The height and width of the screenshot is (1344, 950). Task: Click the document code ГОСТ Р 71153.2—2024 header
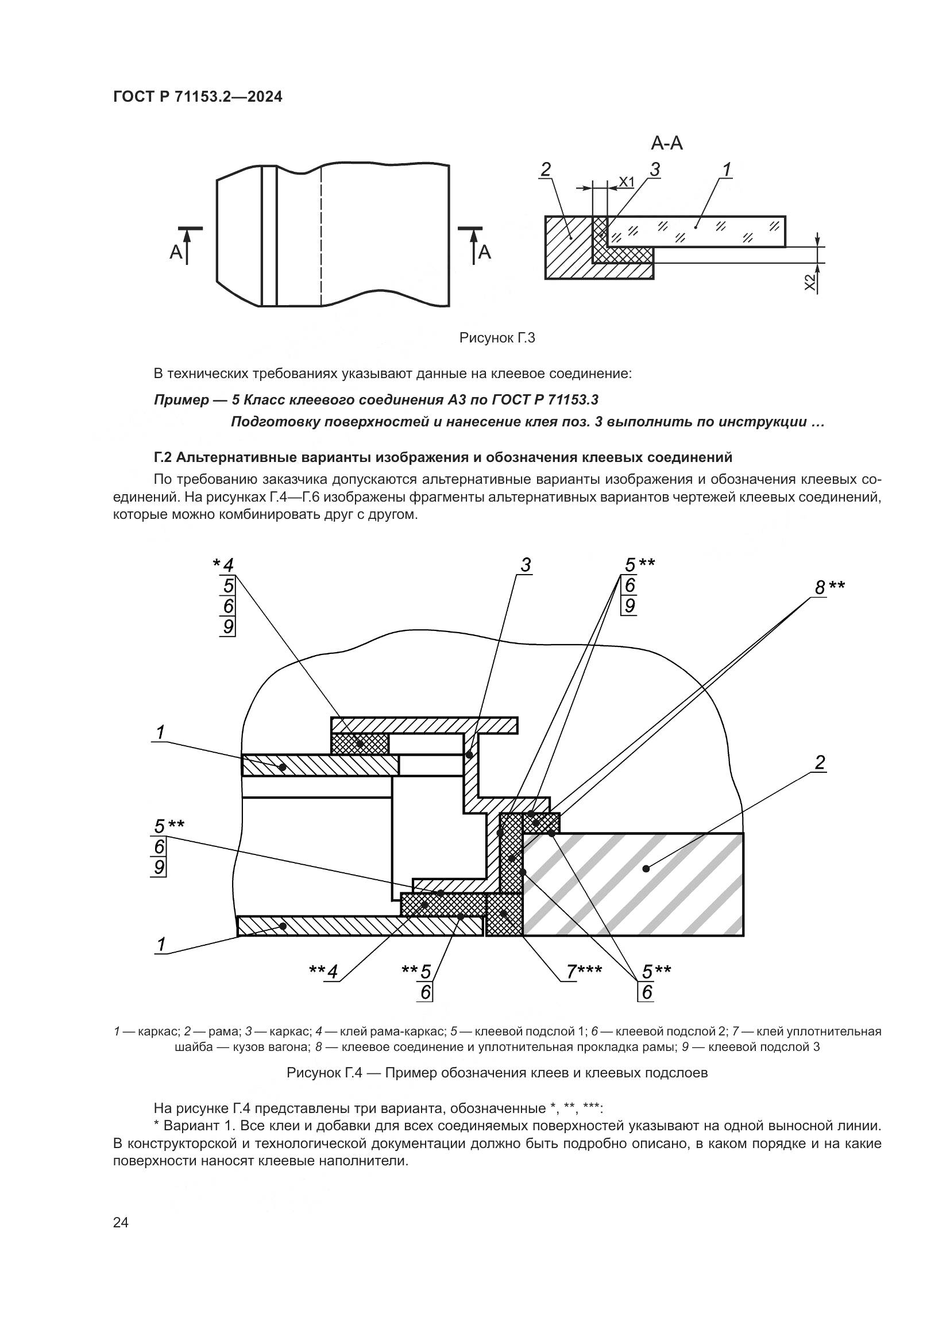[197, 97]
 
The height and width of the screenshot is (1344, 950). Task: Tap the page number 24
[121, 1222]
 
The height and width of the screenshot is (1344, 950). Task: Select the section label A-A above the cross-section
[666, 143]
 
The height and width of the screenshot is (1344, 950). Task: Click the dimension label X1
[627, 182]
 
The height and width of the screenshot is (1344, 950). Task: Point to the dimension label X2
[810, 282]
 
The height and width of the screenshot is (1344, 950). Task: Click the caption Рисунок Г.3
[497, 338]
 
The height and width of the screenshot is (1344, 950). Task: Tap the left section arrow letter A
[176, 252]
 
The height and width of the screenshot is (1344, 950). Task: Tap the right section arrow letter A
[485, 252]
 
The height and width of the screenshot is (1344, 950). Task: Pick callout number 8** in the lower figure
[829, 587]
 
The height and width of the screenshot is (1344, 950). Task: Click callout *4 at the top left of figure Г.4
[223, 565]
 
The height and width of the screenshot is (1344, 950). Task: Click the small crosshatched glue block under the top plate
[360, 744]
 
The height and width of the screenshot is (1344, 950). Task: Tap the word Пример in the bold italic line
[181, 400]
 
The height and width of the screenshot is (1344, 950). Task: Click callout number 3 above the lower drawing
[526, 565]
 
